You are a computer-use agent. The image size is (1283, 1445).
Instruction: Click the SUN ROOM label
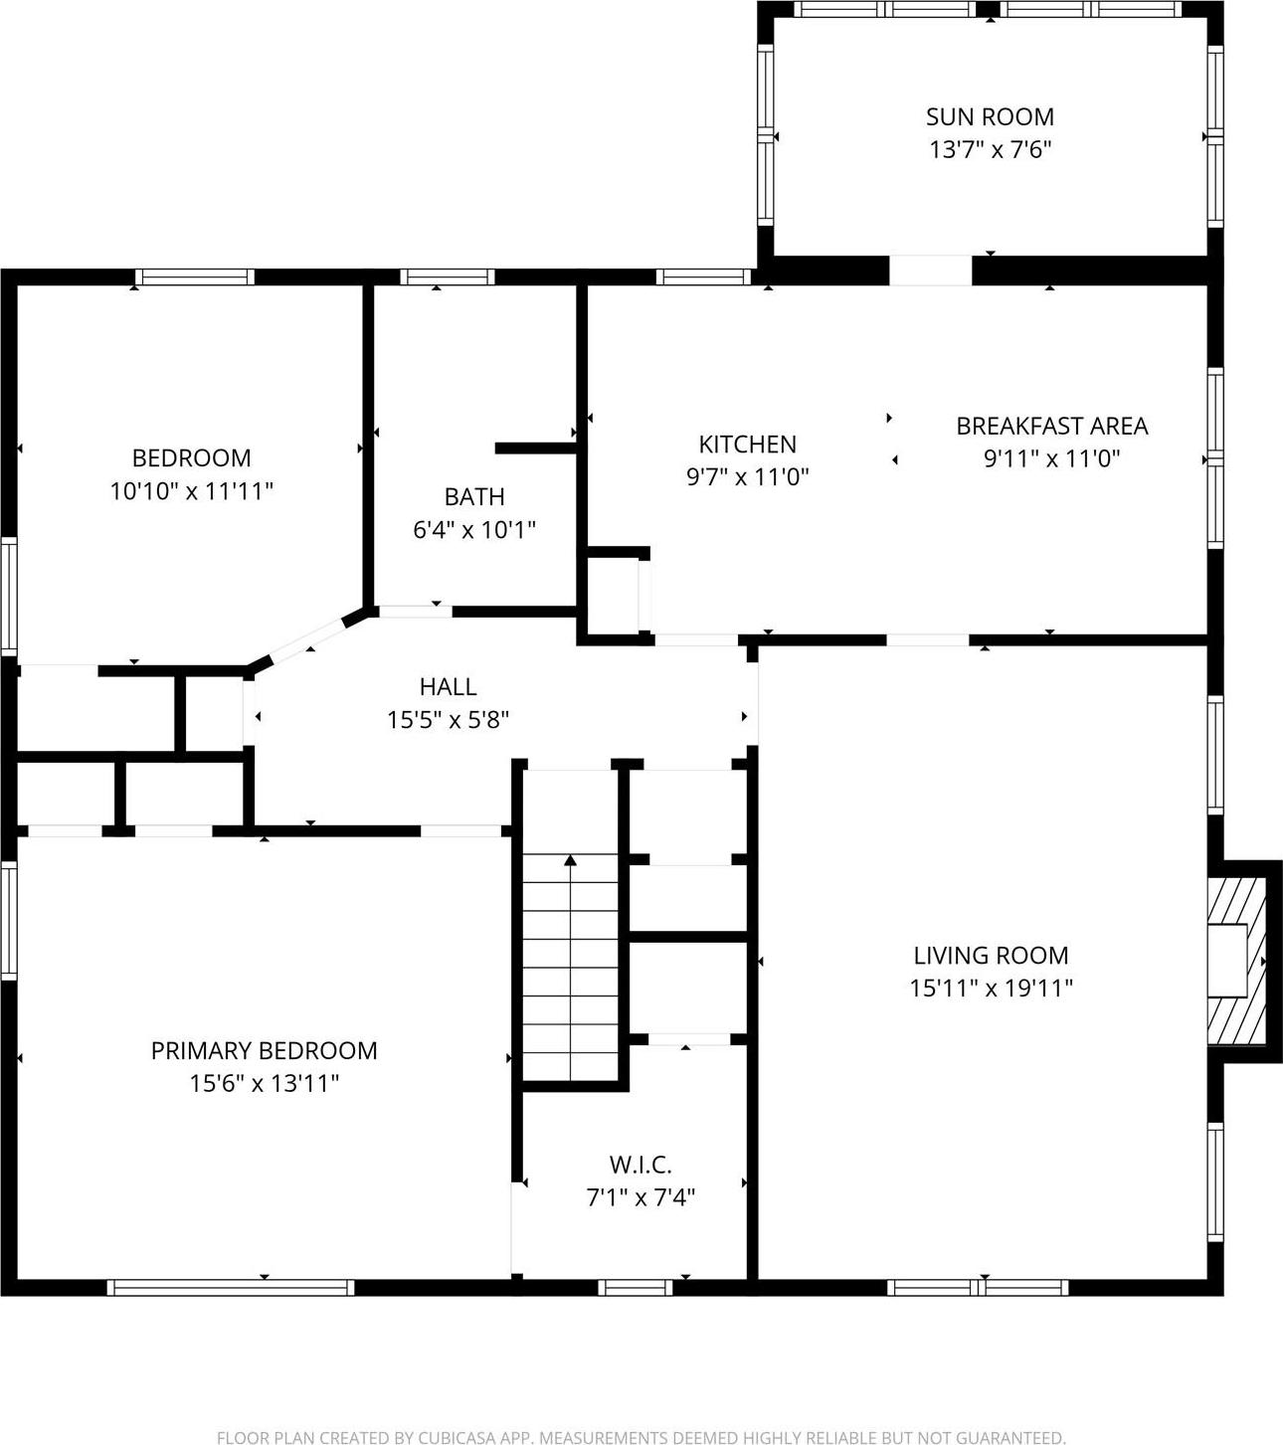990,116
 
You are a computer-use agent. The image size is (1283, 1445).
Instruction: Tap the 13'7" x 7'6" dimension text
990,150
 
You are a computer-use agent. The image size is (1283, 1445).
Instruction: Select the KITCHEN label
747,444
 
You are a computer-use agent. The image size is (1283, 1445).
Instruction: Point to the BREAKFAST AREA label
1051,426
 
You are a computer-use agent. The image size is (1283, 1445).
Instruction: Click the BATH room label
473,496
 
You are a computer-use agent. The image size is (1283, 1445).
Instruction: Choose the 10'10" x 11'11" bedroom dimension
191,490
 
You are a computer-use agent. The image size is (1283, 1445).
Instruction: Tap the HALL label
448,686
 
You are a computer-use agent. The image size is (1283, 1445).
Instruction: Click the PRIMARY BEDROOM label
264,1050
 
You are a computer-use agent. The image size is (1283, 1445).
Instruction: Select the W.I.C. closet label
640,1164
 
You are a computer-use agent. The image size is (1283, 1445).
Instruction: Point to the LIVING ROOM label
991,955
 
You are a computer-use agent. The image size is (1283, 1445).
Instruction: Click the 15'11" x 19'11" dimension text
991,988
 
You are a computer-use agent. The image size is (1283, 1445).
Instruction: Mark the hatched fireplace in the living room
1237,961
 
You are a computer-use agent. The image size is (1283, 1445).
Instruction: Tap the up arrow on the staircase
570,860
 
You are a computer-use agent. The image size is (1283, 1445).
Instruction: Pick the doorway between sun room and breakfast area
929,271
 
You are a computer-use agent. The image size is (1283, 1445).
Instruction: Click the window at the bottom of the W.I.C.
636,1288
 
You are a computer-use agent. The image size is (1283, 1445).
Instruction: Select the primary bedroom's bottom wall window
231,1288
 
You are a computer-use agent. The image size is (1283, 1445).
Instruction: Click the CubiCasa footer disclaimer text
641,1437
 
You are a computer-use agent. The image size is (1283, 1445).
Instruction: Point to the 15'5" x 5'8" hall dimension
448,719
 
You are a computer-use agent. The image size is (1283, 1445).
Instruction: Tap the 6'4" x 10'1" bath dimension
473,529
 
